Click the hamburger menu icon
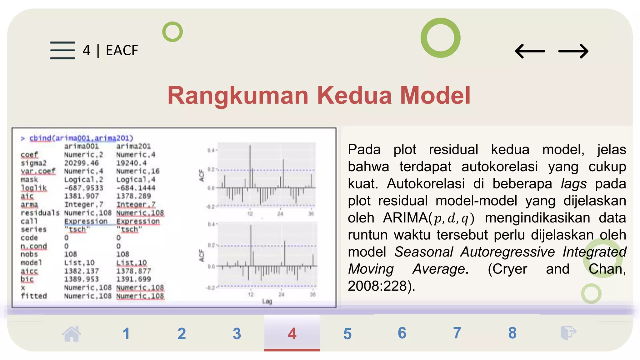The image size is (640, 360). pos(62,50)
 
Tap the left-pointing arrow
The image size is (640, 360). pos(530,51)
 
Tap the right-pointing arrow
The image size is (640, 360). pos(573,51)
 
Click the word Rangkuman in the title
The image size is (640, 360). pos(238,95)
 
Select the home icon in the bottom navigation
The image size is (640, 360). pos(72,333)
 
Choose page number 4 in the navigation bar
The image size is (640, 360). pos(292,333)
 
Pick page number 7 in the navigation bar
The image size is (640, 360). pos(457,333)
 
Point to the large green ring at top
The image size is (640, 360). pos(440,38)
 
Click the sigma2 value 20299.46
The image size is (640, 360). pos(81,163)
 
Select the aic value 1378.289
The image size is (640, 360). pos(133,196)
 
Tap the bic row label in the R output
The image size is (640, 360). pos(27,279)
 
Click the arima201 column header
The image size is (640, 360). pos(133,146)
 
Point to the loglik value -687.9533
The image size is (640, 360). pos(83,188)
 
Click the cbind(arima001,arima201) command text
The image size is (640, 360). pos(81,138)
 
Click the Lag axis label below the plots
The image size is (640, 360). pos(267,302)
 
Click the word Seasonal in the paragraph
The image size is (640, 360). pos(423,252)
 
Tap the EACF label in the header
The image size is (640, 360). pos(122,50)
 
